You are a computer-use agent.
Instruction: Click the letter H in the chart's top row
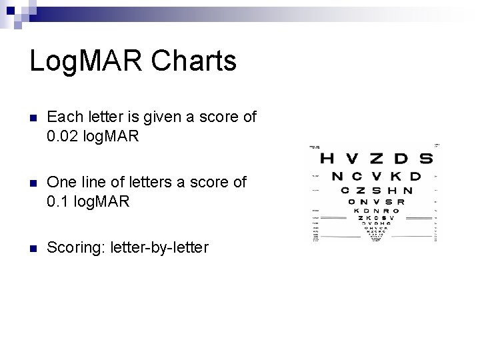(327, 159)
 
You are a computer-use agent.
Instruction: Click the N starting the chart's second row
(338, 177)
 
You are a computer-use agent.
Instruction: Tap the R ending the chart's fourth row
(399, 202)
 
